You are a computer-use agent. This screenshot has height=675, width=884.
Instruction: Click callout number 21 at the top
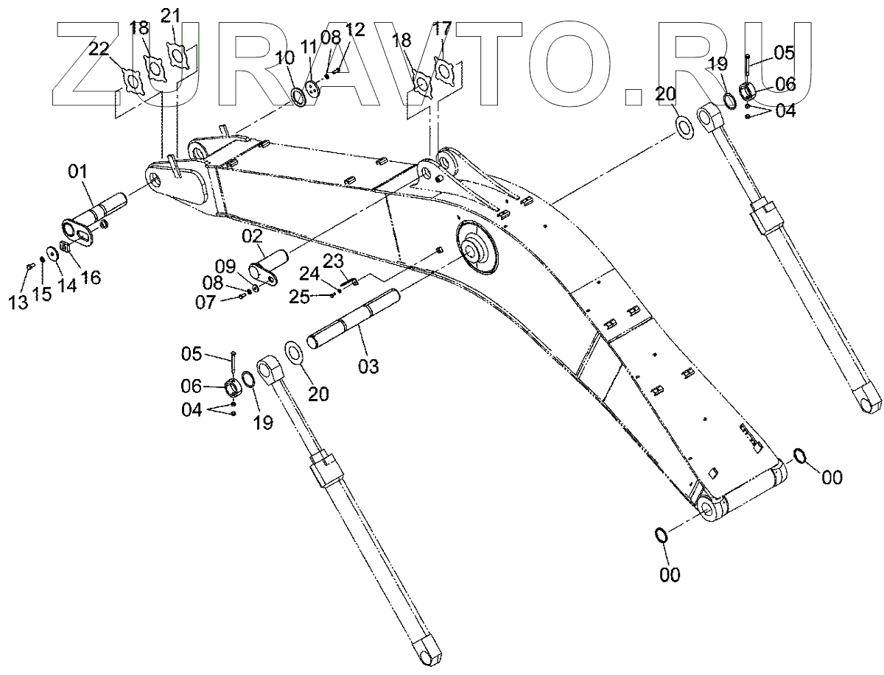170,15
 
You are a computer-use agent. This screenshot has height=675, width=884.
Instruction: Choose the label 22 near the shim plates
99,49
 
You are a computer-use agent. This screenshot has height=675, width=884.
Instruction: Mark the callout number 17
442,29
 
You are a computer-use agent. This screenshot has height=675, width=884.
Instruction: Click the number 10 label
284,57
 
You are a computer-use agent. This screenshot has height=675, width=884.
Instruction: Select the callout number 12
354,29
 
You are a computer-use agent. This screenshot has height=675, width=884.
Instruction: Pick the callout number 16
91,277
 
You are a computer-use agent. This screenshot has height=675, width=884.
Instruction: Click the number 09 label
225,265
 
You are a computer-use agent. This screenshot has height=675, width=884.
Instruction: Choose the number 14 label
67,286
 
